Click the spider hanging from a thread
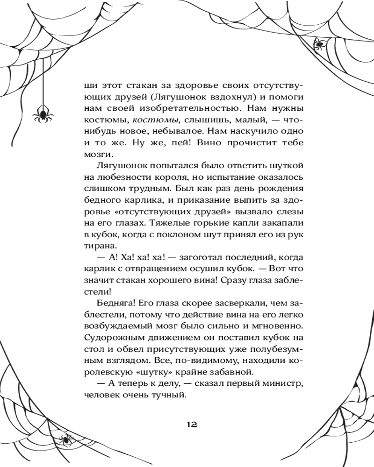point(42,113)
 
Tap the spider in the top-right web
point(319,44)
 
